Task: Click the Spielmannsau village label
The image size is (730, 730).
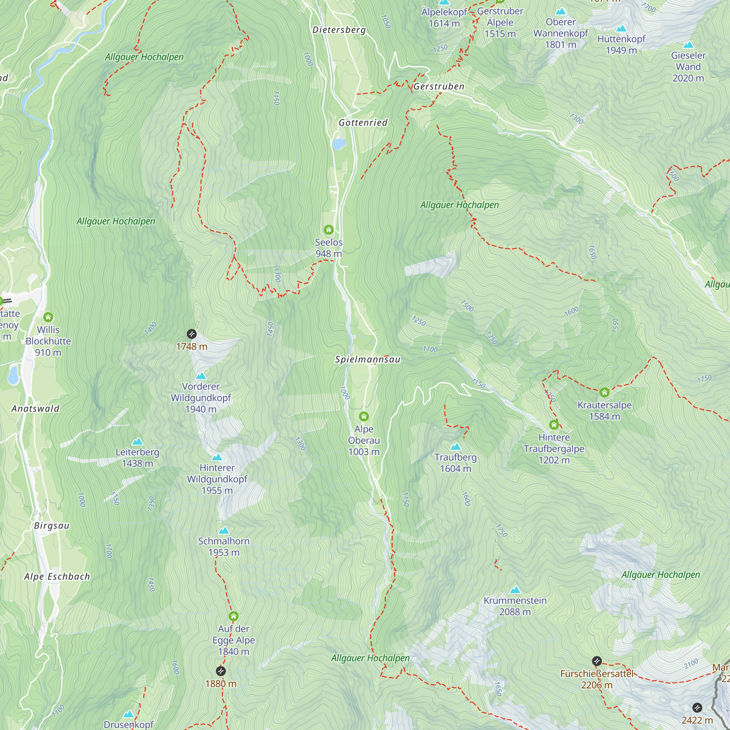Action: coord(367,359)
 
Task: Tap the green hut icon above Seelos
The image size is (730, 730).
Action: coord(328,230)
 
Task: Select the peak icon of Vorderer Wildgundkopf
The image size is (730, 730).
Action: coord(201,376)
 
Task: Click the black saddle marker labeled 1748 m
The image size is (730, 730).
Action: coord(192,334)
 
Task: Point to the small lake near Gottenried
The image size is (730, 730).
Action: coord(339,144)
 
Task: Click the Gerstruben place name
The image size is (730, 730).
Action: coord(439,87)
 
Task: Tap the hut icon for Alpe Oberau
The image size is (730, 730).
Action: coord(364,416)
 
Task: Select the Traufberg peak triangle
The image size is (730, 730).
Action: coord(456,447)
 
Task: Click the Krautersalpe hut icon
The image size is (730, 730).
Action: coord(604,393)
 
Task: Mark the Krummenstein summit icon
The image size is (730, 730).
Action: coord(515,590)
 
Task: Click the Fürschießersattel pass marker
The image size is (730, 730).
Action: coord(597,661)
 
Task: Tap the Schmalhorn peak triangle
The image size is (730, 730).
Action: coord(224,531)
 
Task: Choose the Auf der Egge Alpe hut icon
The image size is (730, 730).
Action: coord(234,616)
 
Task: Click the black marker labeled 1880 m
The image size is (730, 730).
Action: coord(221,671)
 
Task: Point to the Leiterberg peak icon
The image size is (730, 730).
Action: coord(138,442)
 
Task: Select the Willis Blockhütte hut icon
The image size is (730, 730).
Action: coord(48,317)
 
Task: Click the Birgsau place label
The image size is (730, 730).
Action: coord(52,526)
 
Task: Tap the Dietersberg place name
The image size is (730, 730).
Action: coord(339,30)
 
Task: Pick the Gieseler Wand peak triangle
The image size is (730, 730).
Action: coord(688,45)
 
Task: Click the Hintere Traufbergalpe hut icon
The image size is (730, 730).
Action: coord(554,425)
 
